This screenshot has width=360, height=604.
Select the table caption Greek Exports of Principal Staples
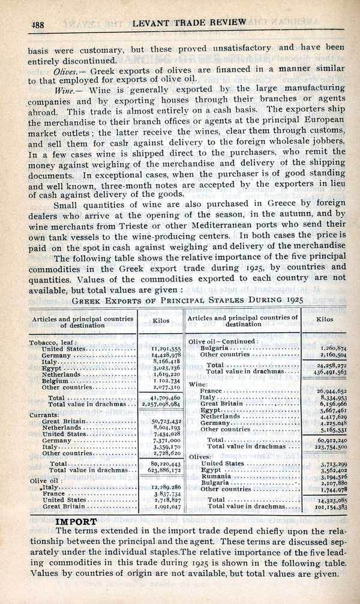pos(187,300)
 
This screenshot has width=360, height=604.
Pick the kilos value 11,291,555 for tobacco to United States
pos(161,349)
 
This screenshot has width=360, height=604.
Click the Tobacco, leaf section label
pos(55,343)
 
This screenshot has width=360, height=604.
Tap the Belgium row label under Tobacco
pos(55,380)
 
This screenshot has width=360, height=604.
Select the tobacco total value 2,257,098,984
pos(161,405)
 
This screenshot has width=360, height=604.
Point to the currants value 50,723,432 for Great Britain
pos(161,421)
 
